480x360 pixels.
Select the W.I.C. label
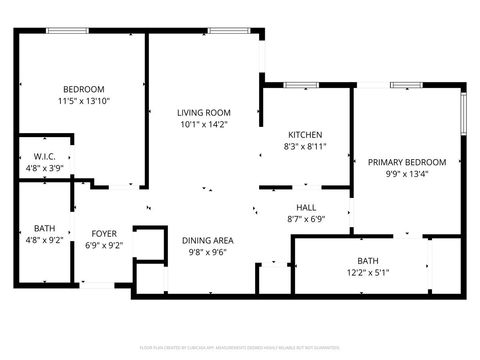click(45, 156)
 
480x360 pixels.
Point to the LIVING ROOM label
click(204, 112)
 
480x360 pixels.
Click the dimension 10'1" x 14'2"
click(204, 125)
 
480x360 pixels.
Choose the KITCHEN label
click(305, 135)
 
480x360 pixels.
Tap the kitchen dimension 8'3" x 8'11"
click(305, 147)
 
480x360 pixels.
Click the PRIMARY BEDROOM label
click(406, 162)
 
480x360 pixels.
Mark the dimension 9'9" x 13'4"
click(406, 174)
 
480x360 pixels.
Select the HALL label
click(307, 207)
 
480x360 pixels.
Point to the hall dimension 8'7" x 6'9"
click(307, 219)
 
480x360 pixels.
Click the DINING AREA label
click(208, 240)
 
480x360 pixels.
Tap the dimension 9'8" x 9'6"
click(208, 253)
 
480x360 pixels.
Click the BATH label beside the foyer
click(45, 227)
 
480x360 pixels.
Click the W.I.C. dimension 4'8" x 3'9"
click(45, 168)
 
